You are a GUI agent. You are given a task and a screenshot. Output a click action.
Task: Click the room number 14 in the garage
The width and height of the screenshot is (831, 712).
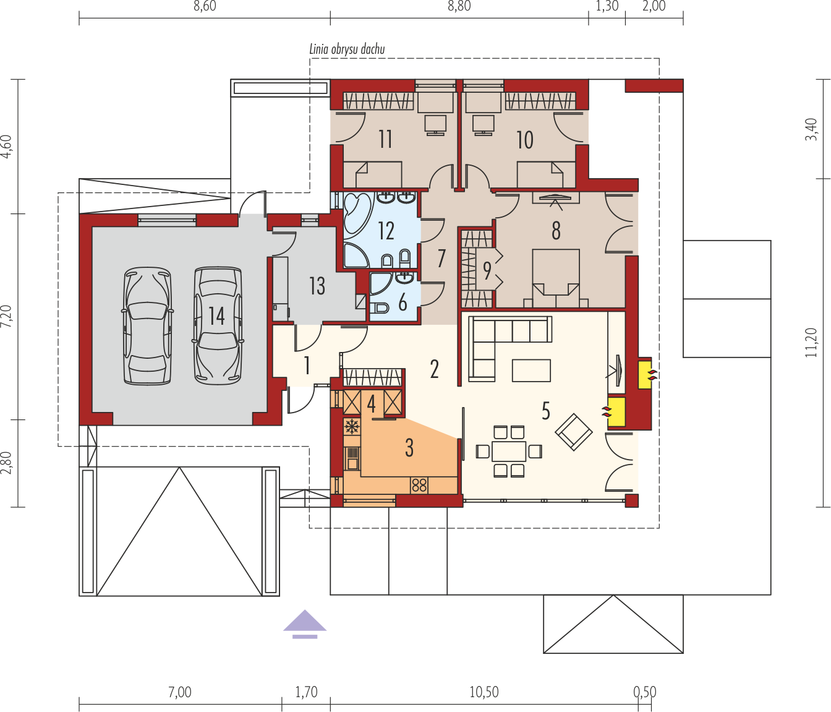(216, 315)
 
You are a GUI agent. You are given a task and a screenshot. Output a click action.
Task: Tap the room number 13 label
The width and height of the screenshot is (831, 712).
(317, 286)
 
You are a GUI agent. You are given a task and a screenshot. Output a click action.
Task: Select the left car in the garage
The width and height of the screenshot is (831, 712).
(148, 326)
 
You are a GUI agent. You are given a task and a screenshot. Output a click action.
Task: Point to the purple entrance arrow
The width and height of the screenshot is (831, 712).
(305, 624)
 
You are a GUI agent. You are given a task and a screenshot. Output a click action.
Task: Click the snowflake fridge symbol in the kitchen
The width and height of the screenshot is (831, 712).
(352, 426)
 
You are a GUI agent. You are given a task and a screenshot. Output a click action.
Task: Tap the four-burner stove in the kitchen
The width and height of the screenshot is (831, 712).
(419, 486)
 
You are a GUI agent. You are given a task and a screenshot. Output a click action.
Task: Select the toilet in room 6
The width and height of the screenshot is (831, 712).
(380, 308)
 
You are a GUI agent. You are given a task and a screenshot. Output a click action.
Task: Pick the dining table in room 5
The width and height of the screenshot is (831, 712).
(509, 452)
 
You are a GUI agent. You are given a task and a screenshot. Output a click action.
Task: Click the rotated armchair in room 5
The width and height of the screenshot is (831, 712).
(574, 432)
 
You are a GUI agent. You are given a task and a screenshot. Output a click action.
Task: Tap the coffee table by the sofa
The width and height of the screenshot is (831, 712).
(531, 370)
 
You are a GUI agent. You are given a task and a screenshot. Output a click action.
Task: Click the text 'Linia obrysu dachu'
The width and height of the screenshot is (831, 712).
(347, 49)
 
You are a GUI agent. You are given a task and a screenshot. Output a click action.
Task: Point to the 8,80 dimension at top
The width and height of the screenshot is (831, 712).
(459, 6)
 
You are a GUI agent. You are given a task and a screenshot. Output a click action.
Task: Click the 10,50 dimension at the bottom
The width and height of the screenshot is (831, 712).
(484, 692)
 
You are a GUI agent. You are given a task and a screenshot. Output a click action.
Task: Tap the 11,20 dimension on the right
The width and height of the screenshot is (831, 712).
(811, 342)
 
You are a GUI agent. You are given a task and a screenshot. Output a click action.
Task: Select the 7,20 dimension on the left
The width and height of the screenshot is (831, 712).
(7, 316)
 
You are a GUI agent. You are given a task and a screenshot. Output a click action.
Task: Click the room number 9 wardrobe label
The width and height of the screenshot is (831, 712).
(487, 271)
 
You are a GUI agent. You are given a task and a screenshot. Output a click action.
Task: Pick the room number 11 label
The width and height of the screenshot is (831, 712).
(386, 140)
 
